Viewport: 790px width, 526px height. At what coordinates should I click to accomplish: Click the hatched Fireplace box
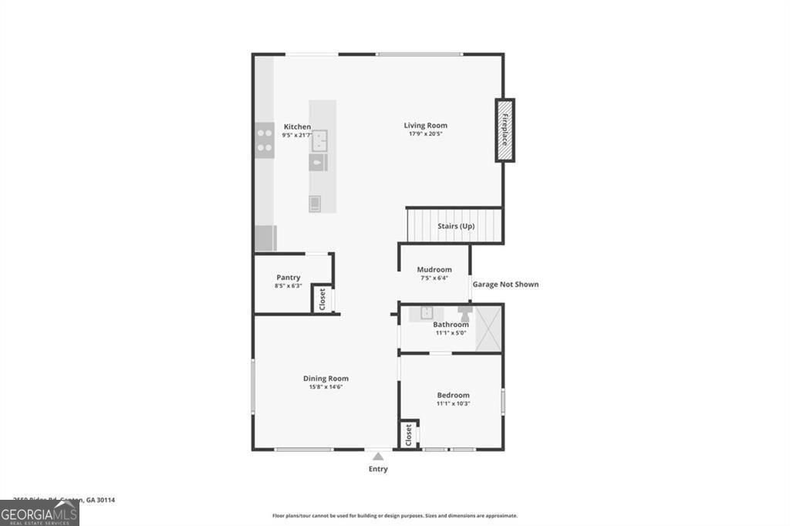pyautogui.click(x=505, y=130)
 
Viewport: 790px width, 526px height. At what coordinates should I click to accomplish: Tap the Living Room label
pyautogui.click(x=425, y=126)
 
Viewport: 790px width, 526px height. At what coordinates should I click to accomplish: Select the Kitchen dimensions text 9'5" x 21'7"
pyautogui.click(x=297, y=135)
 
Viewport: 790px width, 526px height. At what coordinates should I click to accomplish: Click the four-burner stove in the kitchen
pyautogui.click(x=265, y=140)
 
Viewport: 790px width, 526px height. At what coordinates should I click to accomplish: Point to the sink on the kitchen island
pyautogui.click(x=319, y=140)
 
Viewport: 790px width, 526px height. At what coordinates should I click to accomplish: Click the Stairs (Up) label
pyautogui.click(x=455, y=226)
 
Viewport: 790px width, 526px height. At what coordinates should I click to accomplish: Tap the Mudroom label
pyautogui.click(x=434, y=270)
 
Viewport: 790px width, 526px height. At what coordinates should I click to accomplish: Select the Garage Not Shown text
pyautogui.click(x=505, y=285)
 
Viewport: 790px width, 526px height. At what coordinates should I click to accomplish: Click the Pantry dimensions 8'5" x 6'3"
pyautogui.click(x=288, y=286)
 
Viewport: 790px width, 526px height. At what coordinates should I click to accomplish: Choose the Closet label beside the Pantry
pyautogui.click(x=322, y=299)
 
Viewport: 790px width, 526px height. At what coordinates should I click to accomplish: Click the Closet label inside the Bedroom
pyautogui.click(x=408, y=435)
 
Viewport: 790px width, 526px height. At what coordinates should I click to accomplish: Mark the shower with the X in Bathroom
pyautogui.click(x=488, y=328)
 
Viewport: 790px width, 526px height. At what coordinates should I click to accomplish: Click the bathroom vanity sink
pyautogui.click(x=426, y=313)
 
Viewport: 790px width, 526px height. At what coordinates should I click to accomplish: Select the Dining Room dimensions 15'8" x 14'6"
pyautogui.click(x=325, y=387)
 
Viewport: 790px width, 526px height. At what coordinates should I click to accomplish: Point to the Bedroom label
pyautogui.click(x=453, y=395)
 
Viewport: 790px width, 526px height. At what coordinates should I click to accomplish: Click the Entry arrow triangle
pyautogui.click(x=377, y=457)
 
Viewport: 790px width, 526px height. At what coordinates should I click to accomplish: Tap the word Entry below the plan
pyautogui.click(x=377, y=469)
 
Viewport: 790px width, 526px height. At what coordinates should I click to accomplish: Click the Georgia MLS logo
pyautogui.click(x=39, y=513)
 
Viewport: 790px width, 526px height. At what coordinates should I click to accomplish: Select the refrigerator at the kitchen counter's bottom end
pyautogui.click(x=265, y=238)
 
